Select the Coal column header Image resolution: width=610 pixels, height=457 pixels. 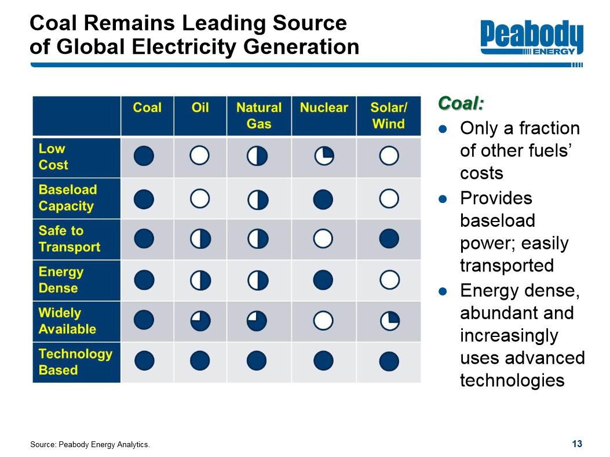(x=147, y=108)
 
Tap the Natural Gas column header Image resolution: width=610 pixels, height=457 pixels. (x=259, y=115)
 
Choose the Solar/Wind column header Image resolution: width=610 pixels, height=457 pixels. (x=389, y=115)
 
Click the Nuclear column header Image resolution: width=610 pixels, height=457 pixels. (x=324, y=108)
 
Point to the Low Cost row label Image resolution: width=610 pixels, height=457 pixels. (x=53, y=157)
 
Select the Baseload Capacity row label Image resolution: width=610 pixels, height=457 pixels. (x=67, y=198)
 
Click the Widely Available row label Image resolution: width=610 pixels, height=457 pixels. (x=67, y=321)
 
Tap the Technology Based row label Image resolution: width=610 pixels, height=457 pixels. (x=75, y=361)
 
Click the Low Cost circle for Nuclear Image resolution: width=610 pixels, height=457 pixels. (x=324, y=156)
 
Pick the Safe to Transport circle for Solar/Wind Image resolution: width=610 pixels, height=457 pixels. (x=389, y=238)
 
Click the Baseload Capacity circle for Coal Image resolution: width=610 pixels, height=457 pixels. (x=144, y=199)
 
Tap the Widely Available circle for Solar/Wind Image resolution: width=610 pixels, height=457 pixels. (x=390, y=321)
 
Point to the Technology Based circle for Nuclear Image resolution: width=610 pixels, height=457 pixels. (x=324, y=361)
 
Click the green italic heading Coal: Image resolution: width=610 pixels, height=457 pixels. (x=461, y=103)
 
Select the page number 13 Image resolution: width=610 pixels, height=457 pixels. (x=576, y=444)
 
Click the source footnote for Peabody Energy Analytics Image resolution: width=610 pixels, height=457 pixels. (x=90, y=445)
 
